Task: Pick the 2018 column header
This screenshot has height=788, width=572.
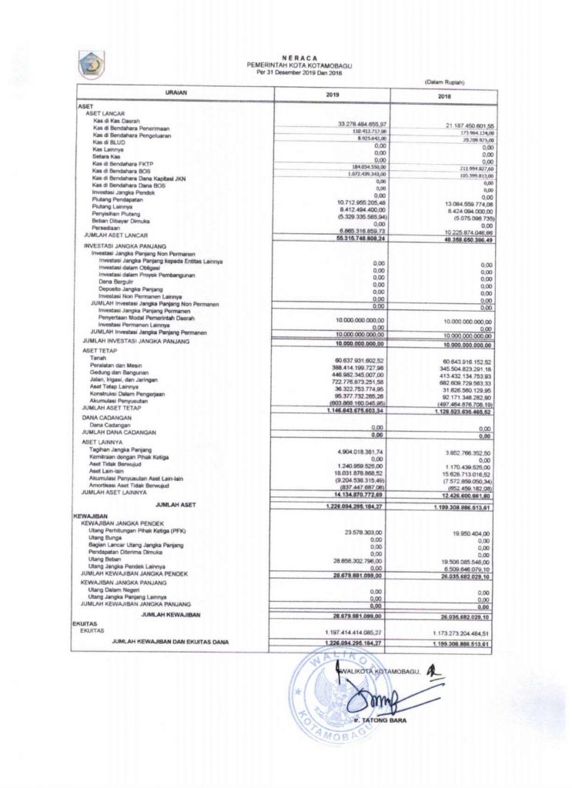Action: tap(444, 96)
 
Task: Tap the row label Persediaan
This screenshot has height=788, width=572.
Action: tap(105, 228)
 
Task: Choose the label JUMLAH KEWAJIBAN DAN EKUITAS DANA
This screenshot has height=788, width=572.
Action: tap(172, 641)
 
